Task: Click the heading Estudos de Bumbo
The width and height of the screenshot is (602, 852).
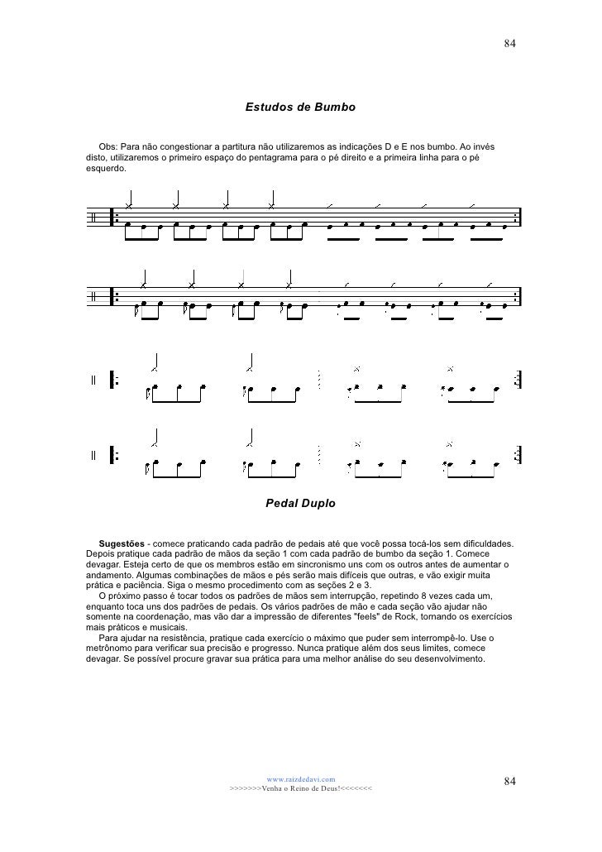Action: click(300, 108)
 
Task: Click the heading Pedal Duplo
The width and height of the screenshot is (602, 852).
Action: click(300, 502)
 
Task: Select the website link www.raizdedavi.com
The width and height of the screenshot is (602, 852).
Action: click(300, 778)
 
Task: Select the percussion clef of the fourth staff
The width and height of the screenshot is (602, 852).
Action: click(93, 455)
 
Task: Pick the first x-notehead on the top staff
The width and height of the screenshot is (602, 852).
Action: click(129, 206)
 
